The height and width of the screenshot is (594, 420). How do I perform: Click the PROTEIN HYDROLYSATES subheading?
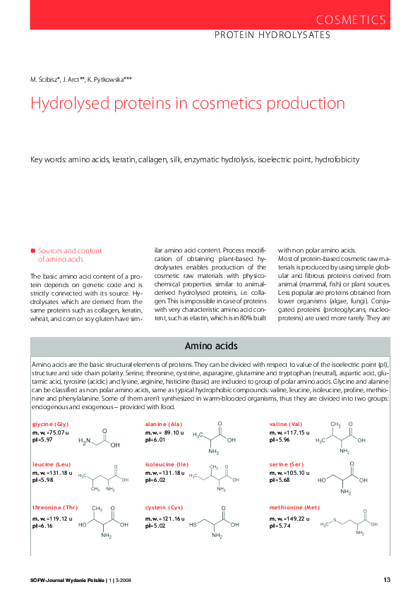(x=272, y=35)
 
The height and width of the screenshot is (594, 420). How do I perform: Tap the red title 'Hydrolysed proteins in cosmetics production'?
(x=187, y=104)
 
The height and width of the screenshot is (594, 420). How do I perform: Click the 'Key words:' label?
(x=48, y=160)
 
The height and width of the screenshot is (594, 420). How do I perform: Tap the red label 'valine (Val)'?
(x=285, y=423)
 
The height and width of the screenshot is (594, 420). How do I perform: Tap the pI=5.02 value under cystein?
(x=156, y=525)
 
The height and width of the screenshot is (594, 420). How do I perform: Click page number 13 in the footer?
(x=387, y=580)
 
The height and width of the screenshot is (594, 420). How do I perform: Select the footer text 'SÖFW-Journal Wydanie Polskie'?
(x=68, y=580)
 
